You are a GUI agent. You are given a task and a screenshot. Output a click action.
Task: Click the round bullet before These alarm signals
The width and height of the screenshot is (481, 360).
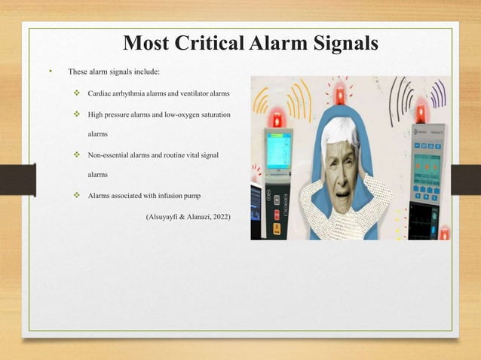[x=50, y=72]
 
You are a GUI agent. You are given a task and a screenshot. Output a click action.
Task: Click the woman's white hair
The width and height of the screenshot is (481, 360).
[x=339, y=132]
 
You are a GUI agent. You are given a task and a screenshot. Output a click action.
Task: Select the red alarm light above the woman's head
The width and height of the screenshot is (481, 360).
[x=340, y=96]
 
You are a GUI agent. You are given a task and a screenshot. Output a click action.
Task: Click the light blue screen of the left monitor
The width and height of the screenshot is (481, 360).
[x=277, y=146]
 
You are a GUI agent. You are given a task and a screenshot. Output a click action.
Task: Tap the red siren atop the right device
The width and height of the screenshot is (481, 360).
[x=421, y=113]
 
